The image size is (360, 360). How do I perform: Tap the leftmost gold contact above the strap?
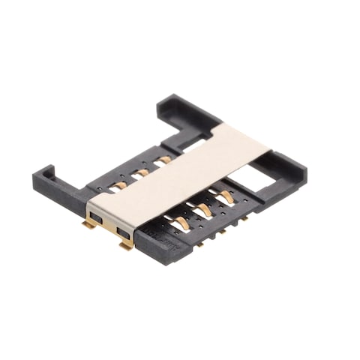click(118, 184)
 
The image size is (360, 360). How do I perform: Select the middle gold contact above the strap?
click(141, 172)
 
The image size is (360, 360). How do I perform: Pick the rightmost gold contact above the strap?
click(163, 160)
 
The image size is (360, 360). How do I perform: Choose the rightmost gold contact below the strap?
click(223, 198)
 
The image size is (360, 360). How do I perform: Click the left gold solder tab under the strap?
click(89, 223)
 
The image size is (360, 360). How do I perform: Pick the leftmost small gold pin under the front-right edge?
click(202, 243)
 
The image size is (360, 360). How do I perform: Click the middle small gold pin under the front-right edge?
click(222, 232)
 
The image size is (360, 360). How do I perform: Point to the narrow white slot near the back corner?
click(196, 145)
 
